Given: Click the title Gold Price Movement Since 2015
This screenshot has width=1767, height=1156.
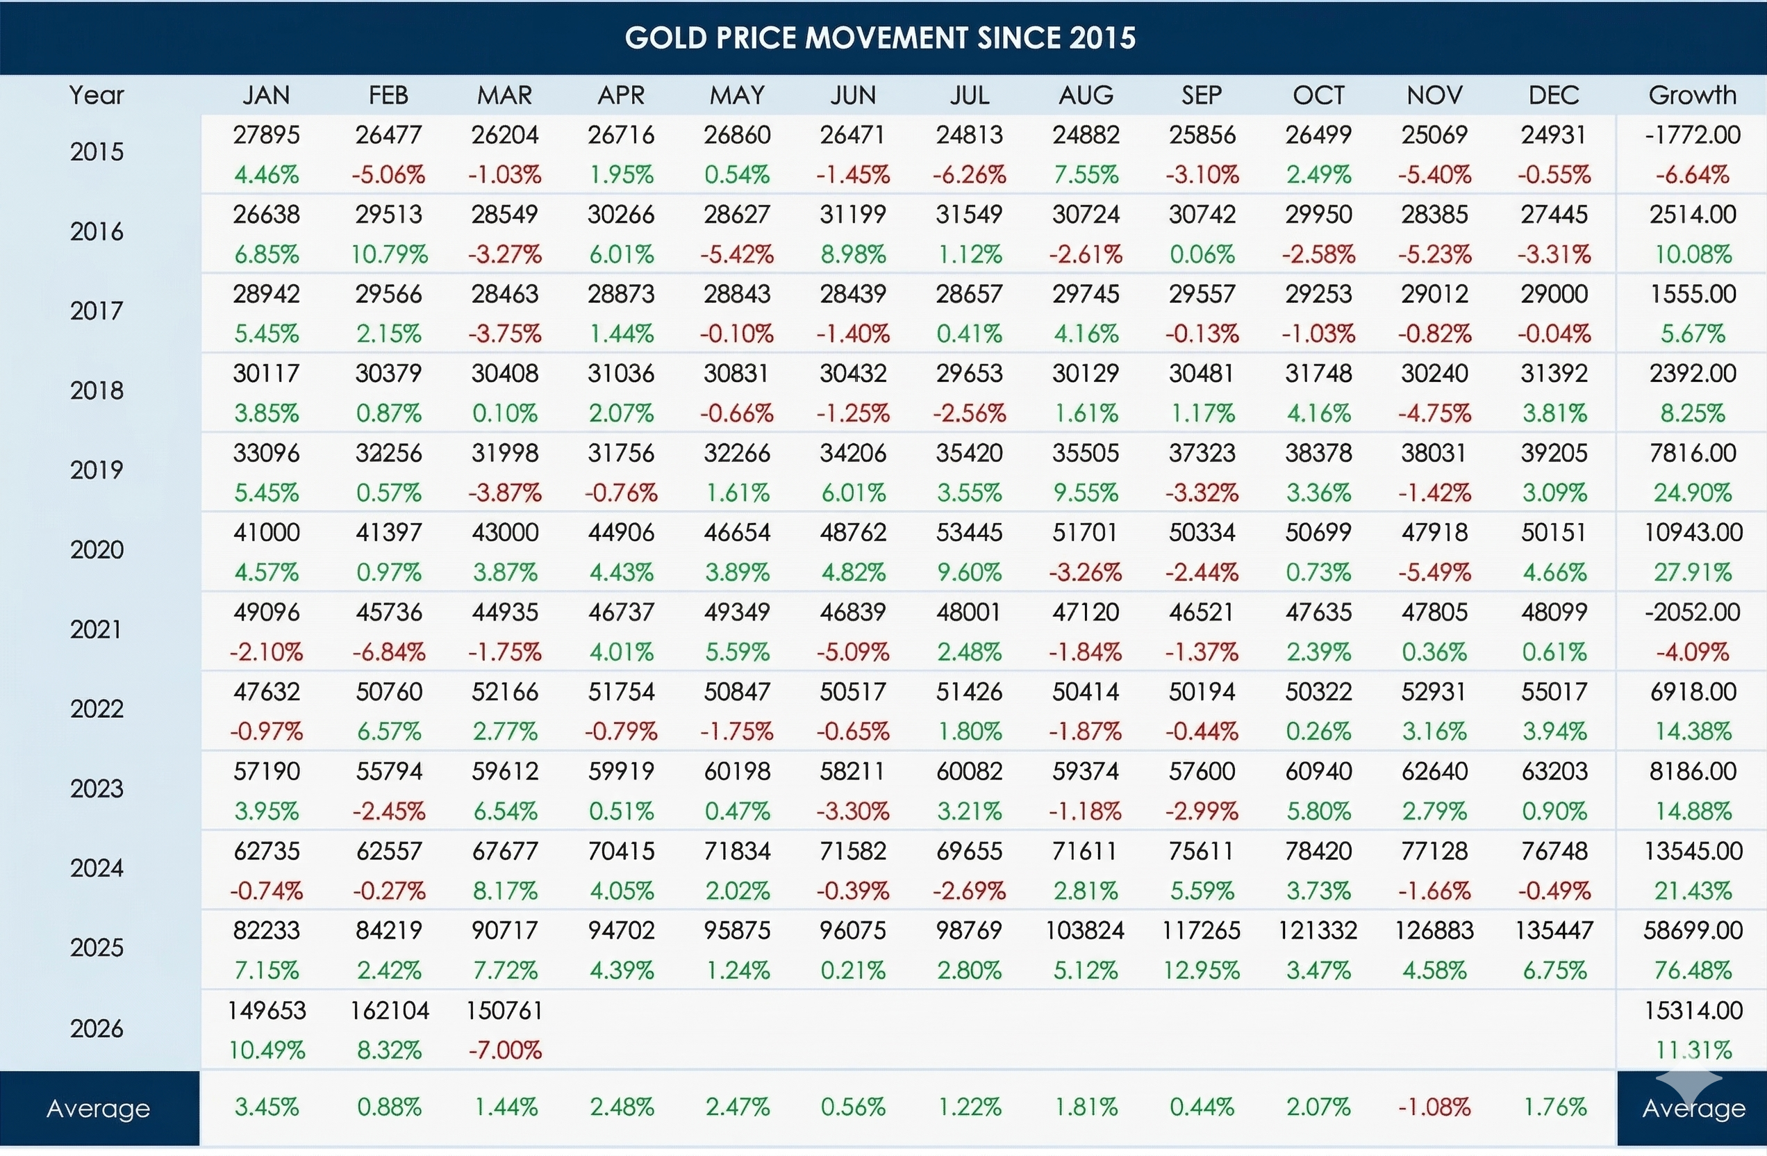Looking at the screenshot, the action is pyautogui.click(x=880, y=38).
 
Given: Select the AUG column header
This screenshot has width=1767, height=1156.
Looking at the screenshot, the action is pyautogui.click(x=1086, y=95).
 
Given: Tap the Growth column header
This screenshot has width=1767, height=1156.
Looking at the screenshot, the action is pyautogui.click(x=1692, y=95).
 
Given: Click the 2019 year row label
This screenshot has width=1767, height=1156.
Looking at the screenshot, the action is pyautogui.click(x=97, y=470).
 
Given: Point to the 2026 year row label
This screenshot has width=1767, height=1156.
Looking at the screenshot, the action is pyautogui.click(x=97, y=1028).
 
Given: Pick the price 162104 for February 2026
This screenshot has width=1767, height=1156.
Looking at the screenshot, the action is pyautogui.click(x=389, y=1011).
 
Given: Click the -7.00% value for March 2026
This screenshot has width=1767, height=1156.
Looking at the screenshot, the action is pyautogui.click(x=505, y=1050).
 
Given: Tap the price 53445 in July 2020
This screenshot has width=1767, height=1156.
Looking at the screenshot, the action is pyautogui.click(x=969, y=532).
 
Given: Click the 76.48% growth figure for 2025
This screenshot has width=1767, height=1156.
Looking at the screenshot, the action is pyautogui.click(x=1693, y=971).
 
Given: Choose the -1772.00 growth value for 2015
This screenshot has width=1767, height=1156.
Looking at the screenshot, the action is pyautogui.click(x=1692, y=134).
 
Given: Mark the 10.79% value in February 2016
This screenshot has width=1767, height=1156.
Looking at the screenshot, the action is pyautogui.click(x=389, y=255).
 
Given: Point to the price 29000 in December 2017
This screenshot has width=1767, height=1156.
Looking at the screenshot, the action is pyautogui.click(x=1553, y=294).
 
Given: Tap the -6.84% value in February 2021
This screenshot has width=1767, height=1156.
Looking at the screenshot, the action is pyautogui.click(x=389, y=652).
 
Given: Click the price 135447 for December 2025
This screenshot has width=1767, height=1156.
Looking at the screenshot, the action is pyautogui.click(x=1553, y=930).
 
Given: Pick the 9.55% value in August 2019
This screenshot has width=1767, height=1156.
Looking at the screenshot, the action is pyautogui.click(x=1086, y=493).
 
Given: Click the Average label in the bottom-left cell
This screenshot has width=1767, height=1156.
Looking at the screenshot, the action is pyautogui.click(x=99, y=1109).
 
